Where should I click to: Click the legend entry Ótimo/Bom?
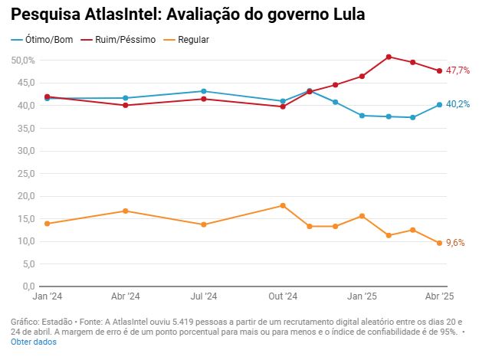click(48, 39)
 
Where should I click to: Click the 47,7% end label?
click(458, 70)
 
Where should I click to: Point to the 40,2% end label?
click(458, 105)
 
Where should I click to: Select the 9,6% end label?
click(455, 243)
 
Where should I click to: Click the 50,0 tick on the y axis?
click(23, 60)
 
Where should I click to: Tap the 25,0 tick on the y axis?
click(23, 173)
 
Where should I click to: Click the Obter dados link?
click(33, 342)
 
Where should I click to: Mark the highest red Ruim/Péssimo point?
click(389, 57)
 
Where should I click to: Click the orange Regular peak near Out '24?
click(283, 205)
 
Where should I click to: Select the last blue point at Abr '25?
click(439, 105)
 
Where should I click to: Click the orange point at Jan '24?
click(48, 224)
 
